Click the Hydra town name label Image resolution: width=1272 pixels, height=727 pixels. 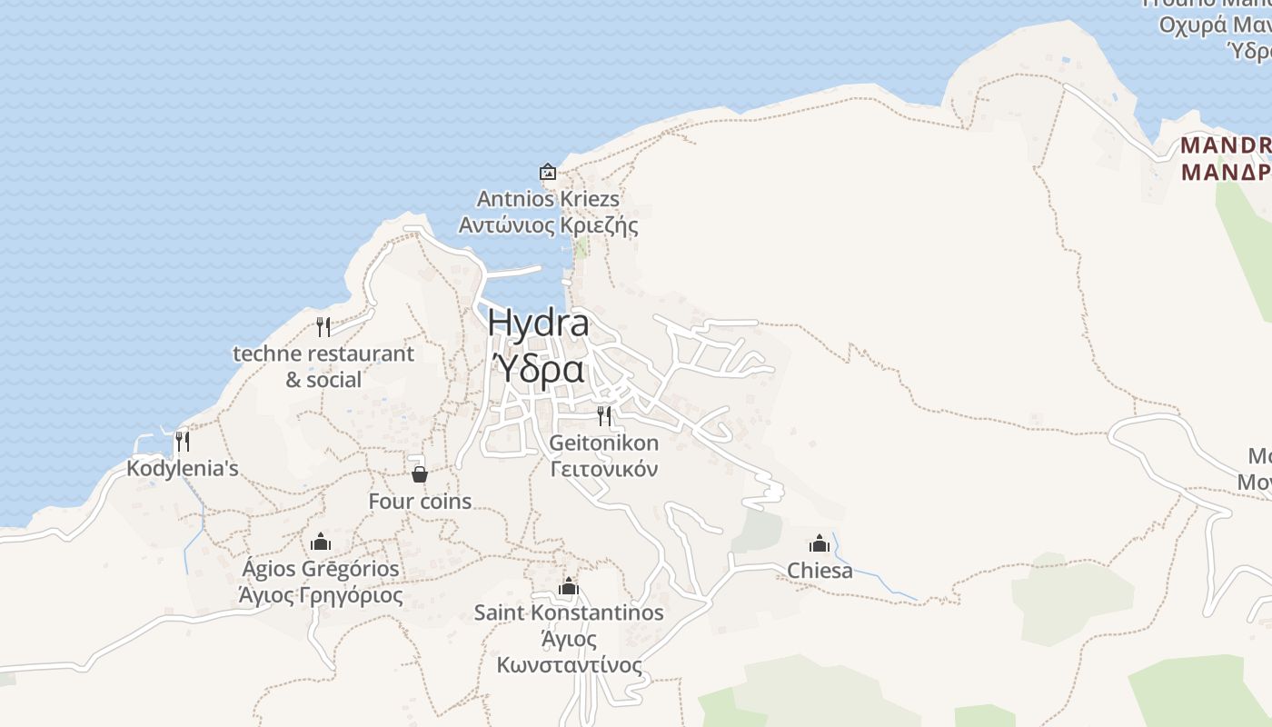click(538, 323)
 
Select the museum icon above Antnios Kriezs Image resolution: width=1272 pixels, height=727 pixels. click(548, 171)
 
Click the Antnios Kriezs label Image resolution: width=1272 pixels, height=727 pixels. click(548, 198)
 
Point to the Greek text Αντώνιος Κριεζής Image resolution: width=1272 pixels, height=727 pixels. click(548, 224)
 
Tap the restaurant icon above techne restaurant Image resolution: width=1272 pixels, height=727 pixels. click(323, 326)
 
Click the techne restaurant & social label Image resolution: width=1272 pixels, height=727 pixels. click(323, 366)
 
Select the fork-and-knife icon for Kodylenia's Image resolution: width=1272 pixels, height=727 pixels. click(183, 442)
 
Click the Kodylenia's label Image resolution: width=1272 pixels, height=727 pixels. click(183, 469)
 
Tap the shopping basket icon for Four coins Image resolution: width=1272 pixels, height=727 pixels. click(420, 474)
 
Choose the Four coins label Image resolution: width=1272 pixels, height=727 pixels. click(420, 502)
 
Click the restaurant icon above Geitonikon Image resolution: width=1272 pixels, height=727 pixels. click(604, 416)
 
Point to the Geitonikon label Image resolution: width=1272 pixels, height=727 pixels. click(604, 443)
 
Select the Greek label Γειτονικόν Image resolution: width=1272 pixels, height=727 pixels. click(604, 469)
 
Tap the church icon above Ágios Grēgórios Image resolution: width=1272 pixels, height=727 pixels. click(321, 543)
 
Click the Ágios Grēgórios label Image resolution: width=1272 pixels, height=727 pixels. click(321, 569)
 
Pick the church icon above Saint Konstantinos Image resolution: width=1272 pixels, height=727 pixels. click(569, 586)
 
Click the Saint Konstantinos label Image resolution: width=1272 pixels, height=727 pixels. click(569, 612)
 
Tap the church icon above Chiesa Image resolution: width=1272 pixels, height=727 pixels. click(820, 543)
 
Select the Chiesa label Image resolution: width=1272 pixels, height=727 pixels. click(820, 571)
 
